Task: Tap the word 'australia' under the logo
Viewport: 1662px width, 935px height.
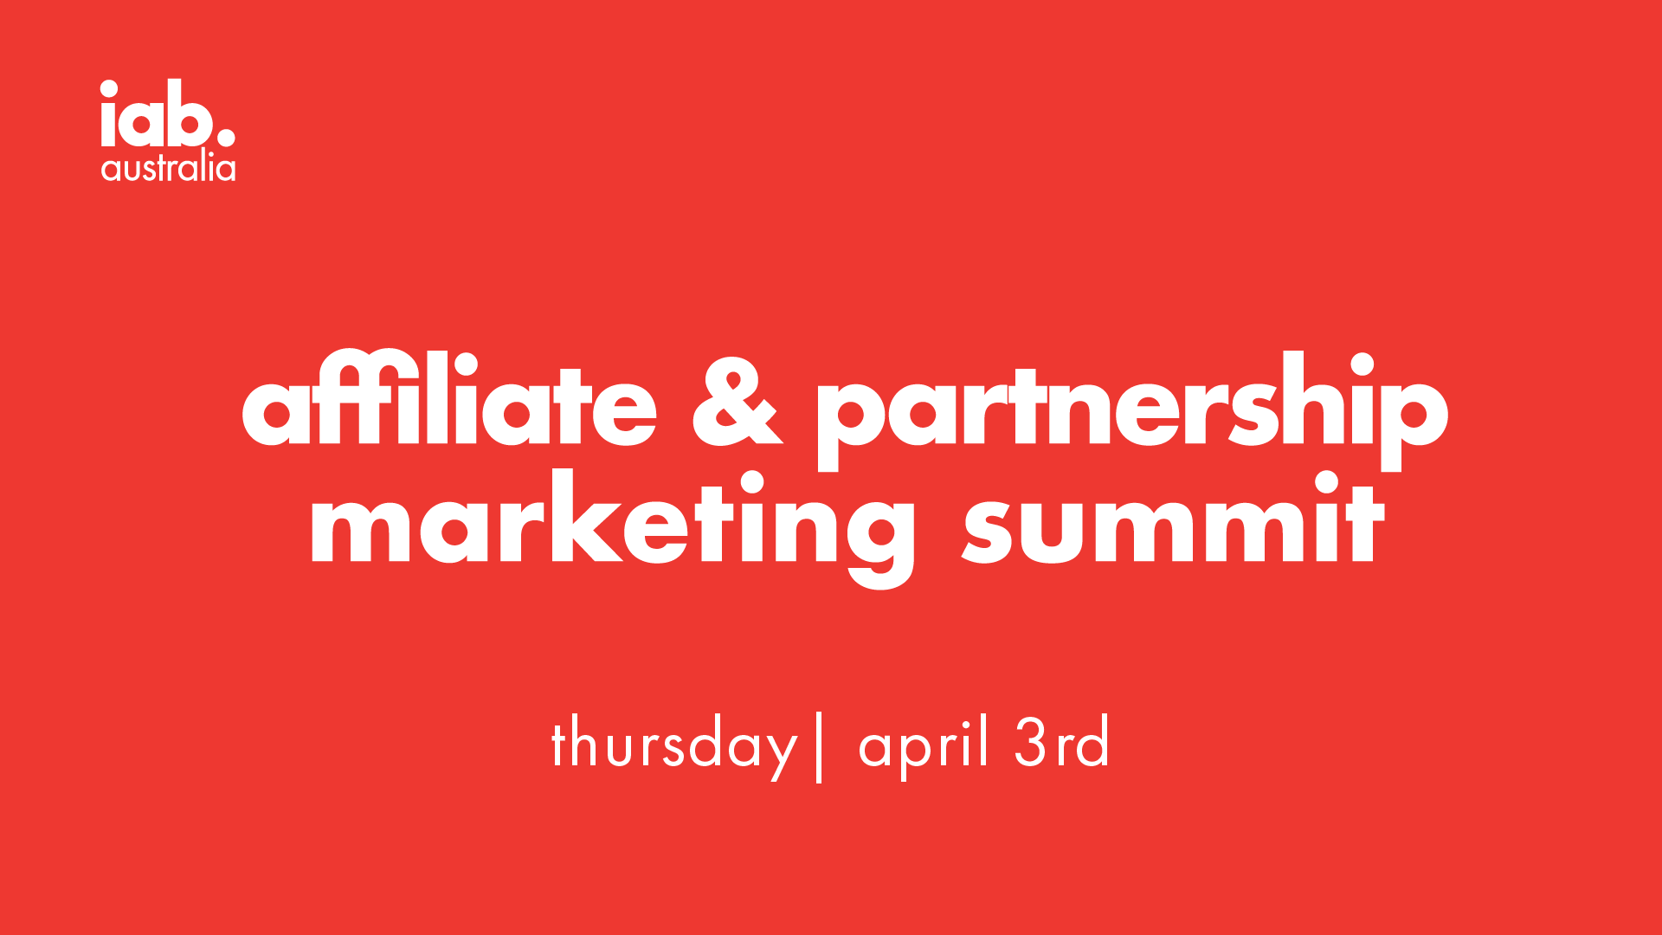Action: (x=168, y=167)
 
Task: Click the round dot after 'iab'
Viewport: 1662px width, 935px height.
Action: (x=224, y=136)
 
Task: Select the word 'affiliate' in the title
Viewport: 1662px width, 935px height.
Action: (x=449, y=398)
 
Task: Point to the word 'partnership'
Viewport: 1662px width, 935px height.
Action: (x=1131, y=411)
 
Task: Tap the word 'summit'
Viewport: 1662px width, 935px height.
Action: (x=1174, y=519)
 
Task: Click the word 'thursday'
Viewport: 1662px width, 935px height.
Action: (x=673, y=745)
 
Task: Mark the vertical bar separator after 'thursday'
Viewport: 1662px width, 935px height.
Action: (x=818, y=747)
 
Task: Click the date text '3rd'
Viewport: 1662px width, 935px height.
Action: (x=1061, y=742)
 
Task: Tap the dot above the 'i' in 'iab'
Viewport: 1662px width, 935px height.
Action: (x=109, y=88)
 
